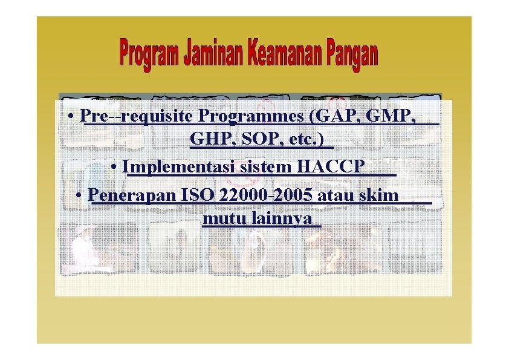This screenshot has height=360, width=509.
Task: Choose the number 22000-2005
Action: coord(267,195)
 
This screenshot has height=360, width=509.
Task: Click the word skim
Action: coord(378,195)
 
